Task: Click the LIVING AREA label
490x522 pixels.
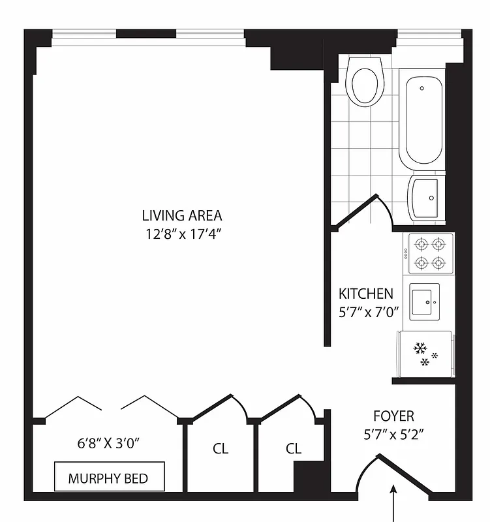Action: coord(182,215)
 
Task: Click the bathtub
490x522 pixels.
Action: coord(425,121)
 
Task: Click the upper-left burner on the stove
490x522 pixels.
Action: coord(421,244)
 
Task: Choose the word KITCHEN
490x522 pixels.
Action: coord(365,294)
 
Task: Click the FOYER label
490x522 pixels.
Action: coord(393,416)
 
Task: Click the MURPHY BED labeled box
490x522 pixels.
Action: coord(108,478)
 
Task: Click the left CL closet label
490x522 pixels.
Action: coord(221,449)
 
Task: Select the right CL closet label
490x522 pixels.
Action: coord(294,449)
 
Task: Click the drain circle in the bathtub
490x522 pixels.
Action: coord(422,87)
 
